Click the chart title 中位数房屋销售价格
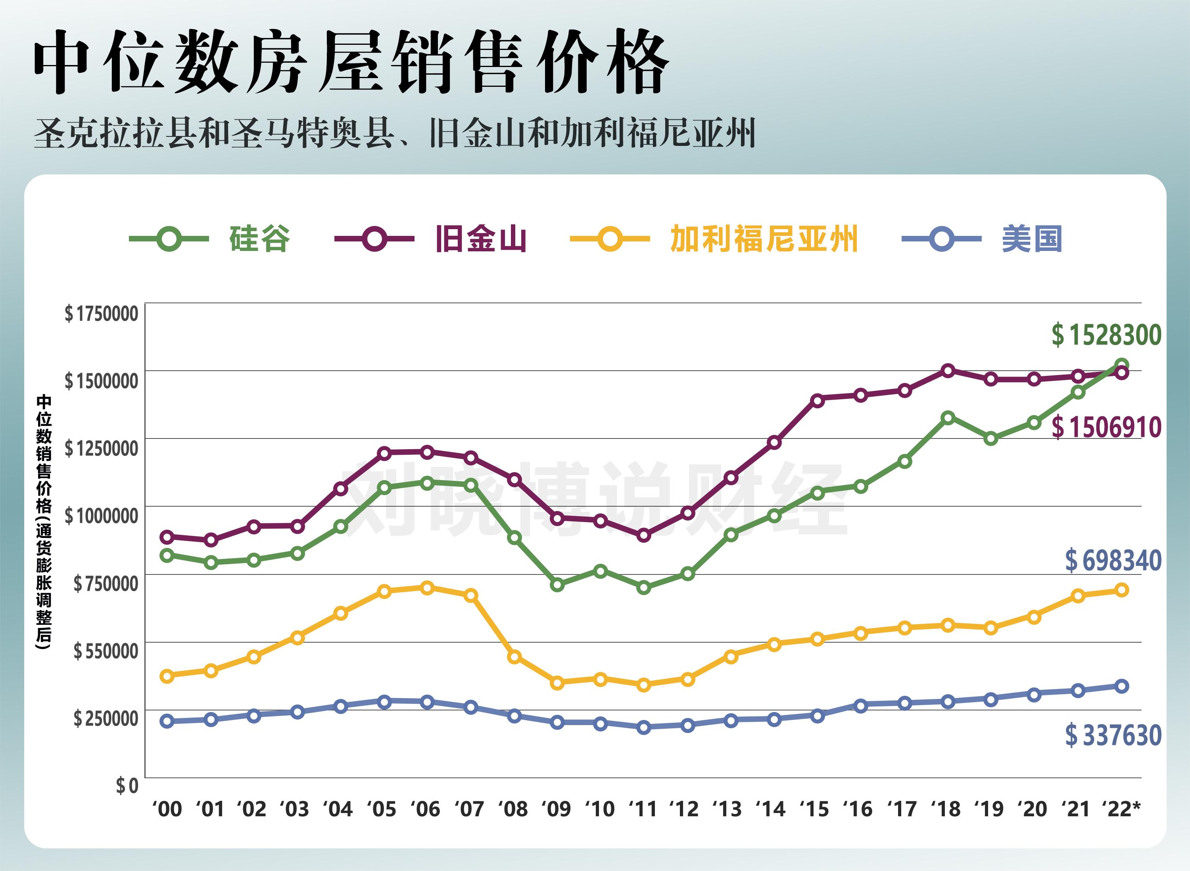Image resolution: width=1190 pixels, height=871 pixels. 351,62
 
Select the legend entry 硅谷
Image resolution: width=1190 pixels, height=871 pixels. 259,239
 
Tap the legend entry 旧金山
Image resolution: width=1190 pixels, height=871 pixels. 480,239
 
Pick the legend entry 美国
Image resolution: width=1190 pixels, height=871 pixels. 1032,239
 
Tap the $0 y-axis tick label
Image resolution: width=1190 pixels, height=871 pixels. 127,786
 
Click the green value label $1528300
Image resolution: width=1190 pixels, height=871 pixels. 1106,335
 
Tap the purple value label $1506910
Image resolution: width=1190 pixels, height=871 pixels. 1106,427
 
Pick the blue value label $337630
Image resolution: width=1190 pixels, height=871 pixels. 1113,735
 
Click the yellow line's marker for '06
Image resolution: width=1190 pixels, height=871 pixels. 428,588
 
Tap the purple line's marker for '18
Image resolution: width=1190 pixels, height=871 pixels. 948,371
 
